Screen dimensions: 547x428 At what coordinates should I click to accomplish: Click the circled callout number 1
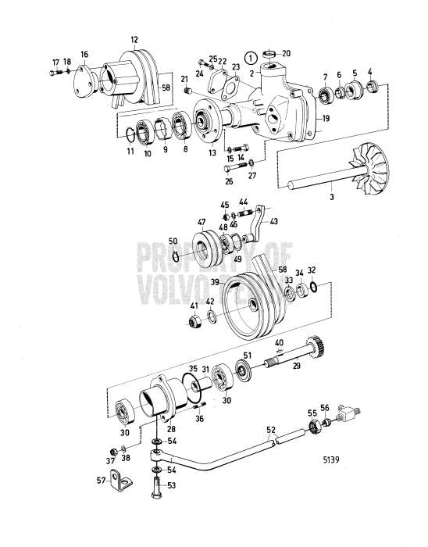click(x=249, y=57)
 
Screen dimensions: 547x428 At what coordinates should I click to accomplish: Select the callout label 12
click(x=134, y=40)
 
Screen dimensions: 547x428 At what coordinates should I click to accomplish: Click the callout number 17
click(x=55, y=62)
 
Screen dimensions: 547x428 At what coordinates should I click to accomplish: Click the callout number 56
click(x=326, y=406)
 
